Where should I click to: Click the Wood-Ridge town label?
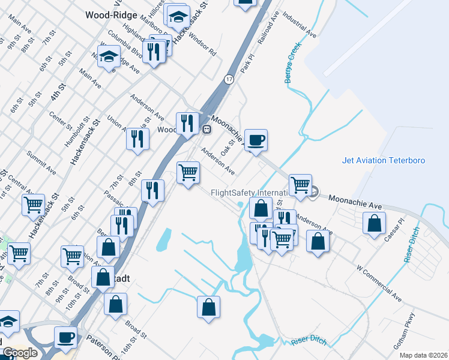[111, 15]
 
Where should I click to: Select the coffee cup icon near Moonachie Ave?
[256, 140]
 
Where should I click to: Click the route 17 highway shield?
[229, 79]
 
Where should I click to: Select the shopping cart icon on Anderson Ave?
[188, 173]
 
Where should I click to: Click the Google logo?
[20, 353]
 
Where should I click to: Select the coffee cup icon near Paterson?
[65, 337]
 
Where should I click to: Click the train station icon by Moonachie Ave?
[206, 129]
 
